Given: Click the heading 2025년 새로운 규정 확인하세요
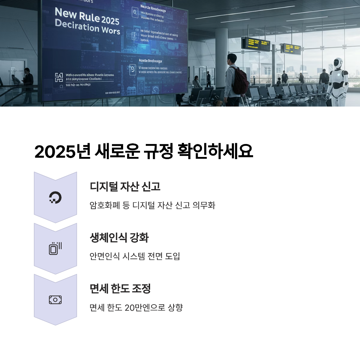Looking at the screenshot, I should click(x=144, y=152).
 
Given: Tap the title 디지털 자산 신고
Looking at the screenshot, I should click(x=125, y=186).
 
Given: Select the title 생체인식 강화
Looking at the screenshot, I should click(x=119, y=238).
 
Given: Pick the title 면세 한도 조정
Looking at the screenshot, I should click(x=120, y=288).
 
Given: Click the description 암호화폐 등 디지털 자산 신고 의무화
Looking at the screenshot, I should click(x=152, y=206).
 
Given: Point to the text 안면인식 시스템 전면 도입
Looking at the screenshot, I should click(x=135, y=256).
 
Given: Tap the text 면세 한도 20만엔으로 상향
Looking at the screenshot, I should click(x=136, y=307).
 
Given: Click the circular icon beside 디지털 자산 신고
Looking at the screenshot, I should click(x=55, y=197).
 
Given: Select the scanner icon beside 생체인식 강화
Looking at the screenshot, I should click(x=55, y=248).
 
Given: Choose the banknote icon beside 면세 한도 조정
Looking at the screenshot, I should click(x=55, y=300).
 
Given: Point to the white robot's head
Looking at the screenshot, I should click(x=338, y=64).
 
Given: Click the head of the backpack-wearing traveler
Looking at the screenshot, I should click(x=233, y=59).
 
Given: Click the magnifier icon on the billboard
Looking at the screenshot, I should click(x=135, y=13).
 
